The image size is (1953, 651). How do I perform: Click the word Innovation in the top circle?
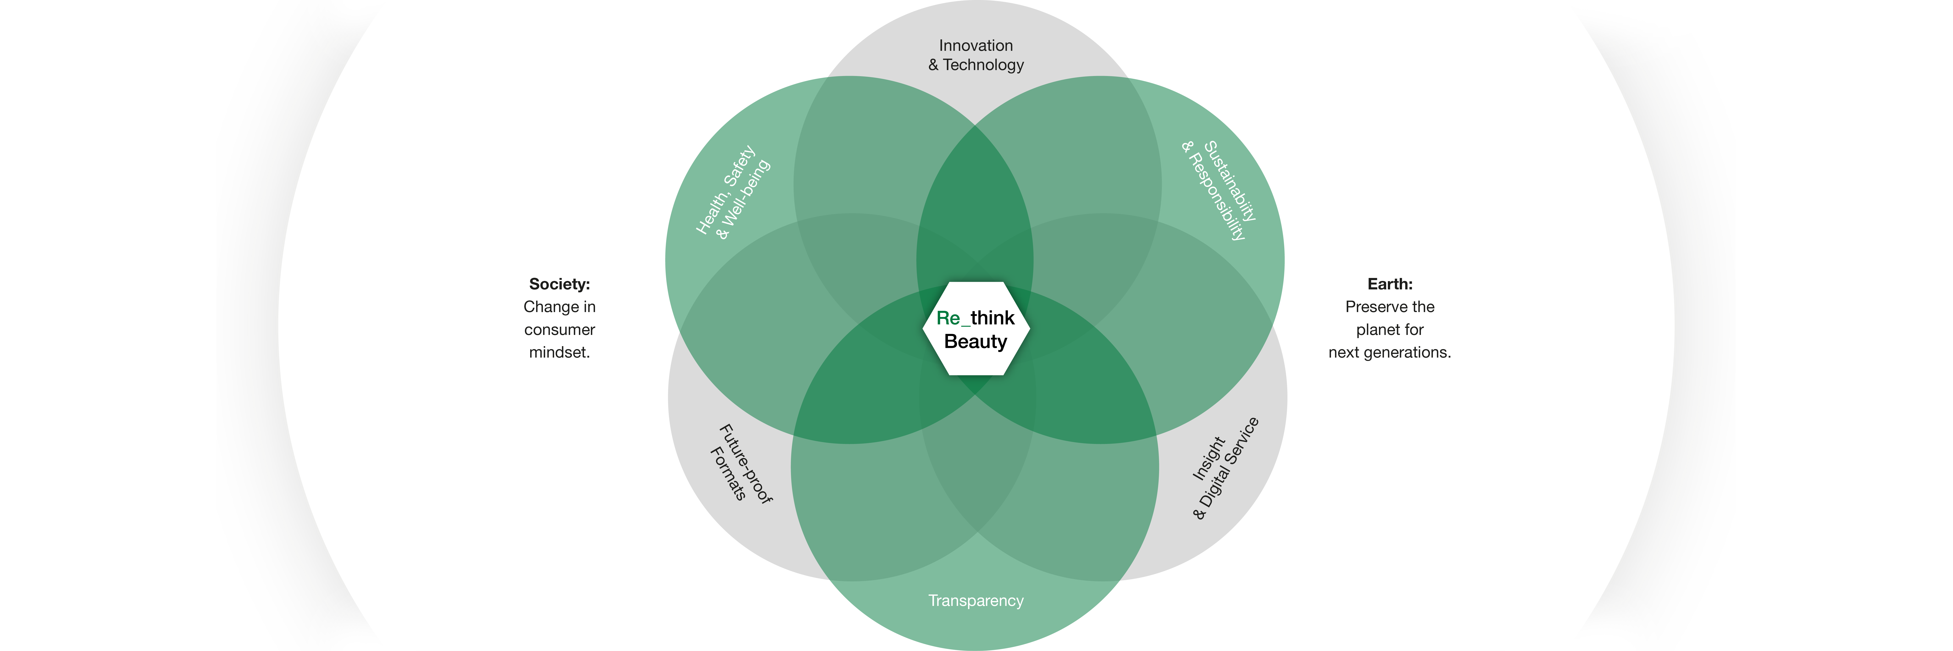tap(976, 46)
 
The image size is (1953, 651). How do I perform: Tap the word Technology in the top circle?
tap(983, 65)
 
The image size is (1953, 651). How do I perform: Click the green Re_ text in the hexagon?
tap(952, 318)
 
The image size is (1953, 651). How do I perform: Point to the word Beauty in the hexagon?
tap(976, 342)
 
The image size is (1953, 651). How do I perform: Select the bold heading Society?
tap(559, 284)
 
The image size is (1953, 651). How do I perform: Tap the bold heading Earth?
tap(1390, 284)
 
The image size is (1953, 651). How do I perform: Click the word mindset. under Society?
tap(559, 352)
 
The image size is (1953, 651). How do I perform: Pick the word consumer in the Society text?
tap(559, 330)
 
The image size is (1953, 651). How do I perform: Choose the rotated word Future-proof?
tap(746, 464)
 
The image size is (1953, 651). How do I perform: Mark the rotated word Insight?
tap(1208, 459)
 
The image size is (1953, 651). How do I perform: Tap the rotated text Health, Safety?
tap(725, 189)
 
